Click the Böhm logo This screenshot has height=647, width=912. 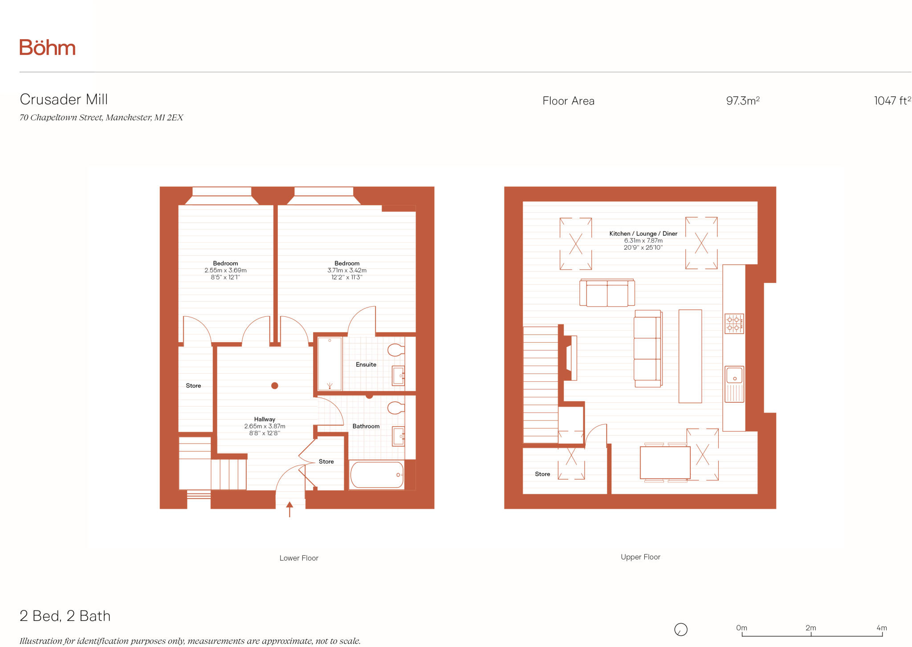(x=47, y=48)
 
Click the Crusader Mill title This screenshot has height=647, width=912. (x=64, y=99)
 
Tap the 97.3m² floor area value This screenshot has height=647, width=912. (x=742, y=101)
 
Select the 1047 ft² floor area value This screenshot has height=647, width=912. (x=892, y=101)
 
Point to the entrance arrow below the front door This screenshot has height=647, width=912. (x=289, y=510)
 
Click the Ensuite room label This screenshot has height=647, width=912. (x=366, y=364)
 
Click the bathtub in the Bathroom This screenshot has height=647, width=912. (x=377, y=475)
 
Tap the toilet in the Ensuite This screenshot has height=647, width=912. (x=395, y=350)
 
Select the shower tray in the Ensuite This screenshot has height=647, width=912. (x=330, y=364)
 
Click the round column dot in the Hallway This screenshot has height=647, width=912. (x=275, y=386)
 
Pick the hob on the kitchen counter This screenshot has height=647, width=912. (x=734, y=323)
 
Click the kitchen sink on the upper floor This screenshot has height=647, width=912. (x=734, y=376)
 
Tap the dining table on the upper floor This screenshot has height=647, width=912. (x=665, y=463)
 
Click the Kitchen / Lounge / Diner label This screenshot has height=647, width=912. (x=643, y=234)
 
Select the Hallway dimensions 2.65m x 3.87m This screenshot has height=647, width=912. (x=265, y=426)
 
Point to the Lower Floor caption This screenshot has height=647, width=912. (x=299, y=558)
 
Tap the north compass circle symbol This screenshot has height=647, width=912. (x=681, y=630)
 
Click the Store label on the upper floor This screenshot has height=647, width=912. (x=542, y=474)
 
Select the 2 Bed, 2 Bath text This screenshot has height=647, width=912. (x=65, y=616)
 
